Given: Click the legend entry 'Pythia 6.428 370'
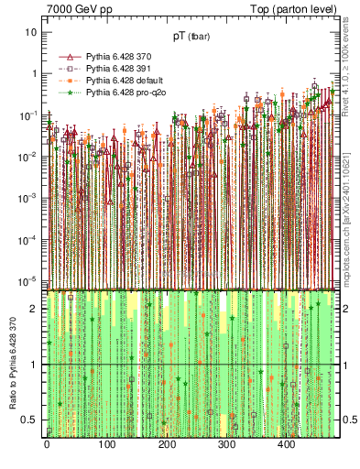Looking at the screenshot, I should pos(120,57).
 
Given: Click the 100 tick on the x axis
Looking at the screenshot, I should pos(106,445).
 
